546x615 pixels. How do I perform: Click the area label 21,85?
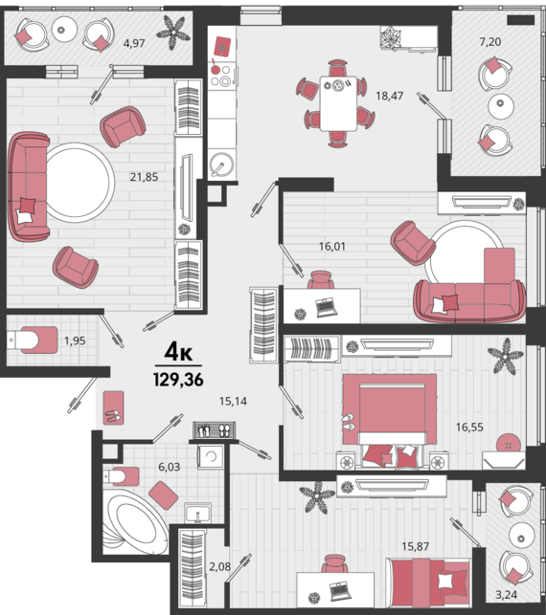coord(144,177)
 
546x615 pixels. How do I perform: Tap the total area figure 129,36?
coord(178,380)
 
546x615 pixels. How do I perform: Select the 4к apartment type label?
coord(178,352)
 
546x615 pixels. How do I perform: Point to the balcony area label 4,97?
coord(134,43)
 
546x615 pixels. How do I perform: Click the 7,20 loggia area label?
coord(490,41)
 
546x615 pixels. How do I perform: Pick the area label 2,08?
coord(220,566)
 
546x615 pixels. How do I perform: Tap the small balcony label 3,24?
coord(506,595)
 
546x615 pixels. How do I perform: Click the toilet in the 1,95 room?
coord(33,340)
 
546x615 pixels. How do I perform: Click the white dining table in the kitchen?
coord(338,103)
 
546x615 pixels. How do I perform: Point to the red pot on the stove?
coord(215,69)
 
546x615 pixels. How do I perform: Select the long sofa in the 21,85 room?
coord(29,187)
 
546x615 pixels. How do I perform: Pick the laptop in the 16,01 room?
coord(327,307)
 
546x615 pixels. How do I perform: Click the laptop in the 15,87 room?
coord(340,591)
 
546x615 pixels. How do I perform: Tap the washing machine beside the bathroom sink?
coord(212,456)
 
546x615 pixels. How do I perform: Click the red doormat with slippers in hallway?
coord(114,407)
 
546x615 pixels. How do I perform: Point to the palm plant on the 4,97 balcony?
coord(173,33)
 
